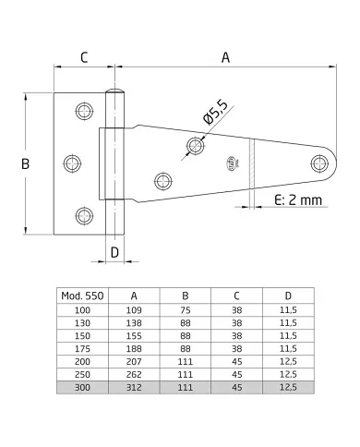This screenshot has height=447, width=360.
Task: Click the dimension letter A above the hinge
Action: (225, 57)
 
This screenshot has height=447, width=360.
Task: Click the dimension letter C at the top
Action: (84, 57)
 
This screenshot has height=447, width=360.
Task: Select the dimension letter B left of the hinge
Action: (26, 163)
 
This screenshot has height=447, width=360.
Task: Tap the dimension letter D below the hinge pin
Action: (114, 250)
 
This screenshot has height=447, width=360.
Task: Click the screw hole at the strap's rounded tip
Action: (320, 163)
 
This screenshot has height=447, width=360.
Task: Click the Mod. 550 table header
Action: (82, 296)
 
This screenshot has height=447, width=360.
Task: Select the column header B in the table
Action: (185, 296)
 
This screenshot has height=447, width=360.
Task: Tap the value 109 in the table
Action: (134, 310)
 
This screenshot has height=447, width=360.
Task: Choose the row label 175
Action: (82, 351)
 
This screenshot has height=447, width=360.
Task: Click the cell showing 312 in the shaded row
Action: (134, 392)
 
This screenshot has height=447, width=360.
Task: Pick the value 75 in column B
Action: (185, 310)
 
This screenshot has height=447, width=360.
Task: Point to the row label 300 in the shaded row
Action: (82, 392)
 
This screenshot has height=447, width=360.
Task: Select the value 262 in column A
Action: (134, 378)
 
